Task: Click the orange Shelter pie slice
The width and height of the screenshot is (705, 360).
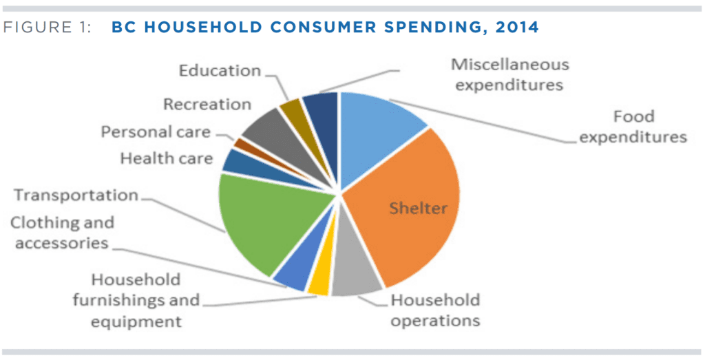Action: [x=406, y=207]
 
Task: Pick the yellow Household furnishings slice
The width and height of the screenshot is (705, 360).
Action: [x=319, y=282]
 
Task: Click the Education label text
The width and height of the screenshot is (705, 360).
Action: [x=220, y=71]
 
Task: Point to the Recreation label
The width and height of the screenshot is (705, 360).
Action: [x=207, y=105]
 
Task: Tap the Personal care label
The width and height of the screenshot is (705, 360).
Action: [x=156, y=132]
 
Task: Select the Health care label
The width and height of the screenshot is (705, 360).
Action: [x=166, y=159]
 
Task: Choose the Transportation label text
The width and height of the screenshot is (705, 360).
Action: [x=76, y=195]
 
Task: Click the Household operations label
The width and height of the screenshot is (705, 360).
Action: [x=435, y=310]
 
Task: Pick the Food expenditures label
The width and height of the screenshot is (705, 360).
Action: [x=633, y=127]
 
